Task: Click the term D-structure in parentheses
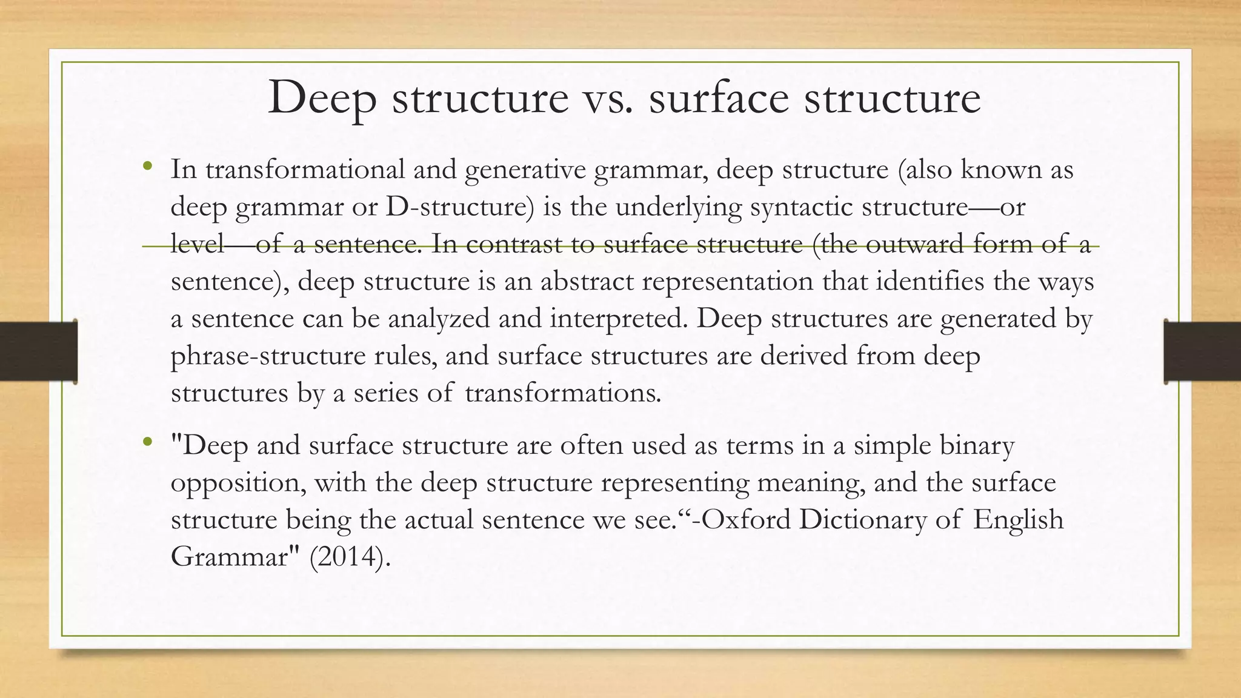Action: click(460, 207)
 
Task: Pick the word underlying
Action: click(679, 208)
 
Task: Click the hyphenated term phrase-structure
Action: click(267, 356)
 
